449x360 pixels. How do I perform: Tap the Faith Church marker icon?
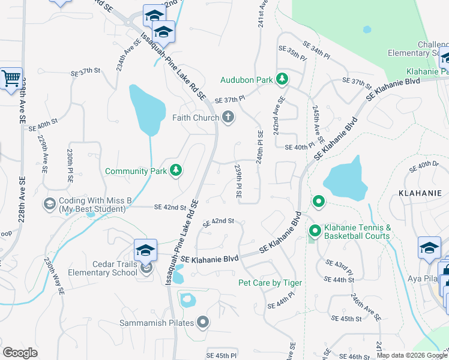[x=228, y=118]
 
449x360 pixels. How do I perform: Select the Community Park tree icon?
[x=175, y=171]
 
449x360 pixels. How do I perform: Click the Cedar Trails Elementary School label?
[x=107, y=268]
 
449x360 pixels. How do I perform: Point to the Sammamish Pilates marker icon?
[x=203, y=323]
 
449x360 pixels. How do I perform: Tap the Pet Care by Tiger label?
[x=270, y=283]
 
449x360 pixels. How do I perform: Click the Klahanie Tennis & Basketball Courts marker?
[x=314, y=230]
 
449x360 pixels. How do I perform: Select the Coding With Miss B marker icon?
[x=49, y=205]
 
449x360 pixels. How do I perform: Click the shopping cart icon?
[x=11, y=79]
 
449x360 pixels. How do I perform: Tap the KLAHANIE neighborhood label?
[x=420, y=193]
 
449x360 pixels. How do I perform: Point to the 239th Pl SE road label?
[x=238, y=181]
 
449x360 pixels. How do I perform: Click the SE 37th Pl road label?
[x=230, y=99]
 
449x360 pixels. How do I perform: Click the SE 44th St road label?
[x=339, y=279]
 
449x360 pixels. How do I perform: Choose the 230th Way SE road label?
[x=54, y=276]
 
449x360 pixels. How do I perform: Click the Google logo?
[x=20, y=352]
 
